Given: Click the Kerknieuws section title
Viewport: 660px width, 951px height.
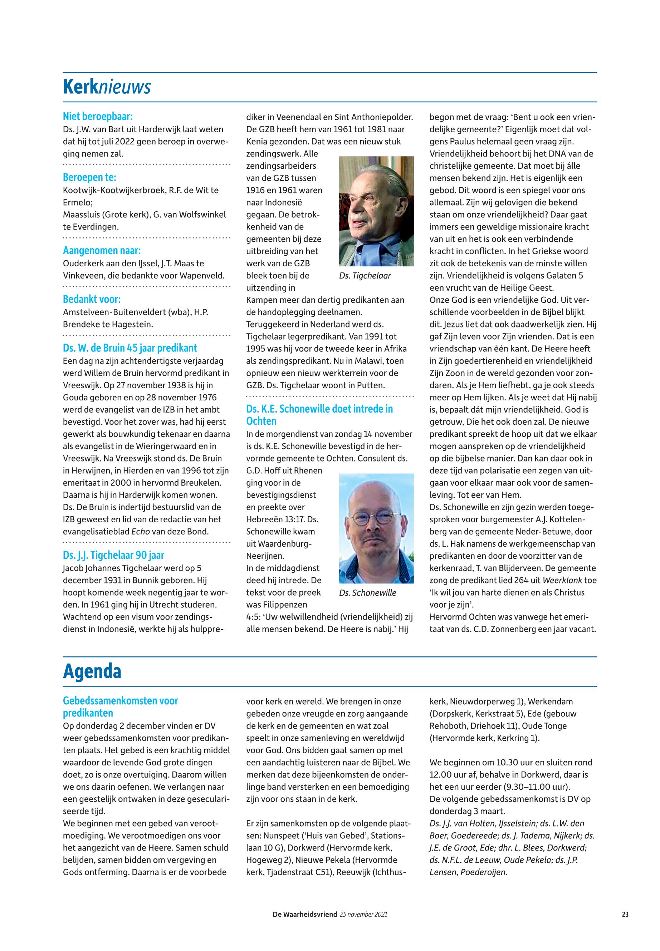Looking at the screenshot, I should (107, 87).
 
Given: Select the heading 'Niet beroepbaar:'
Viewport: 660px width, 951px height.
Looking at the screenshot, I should (98, 116).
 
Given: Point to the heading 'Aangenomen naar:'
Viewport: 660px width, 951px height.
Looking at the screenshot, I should (102, 251).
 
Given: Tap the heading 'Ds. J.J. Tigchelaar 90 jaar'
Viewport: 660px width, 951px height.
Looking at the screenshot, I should (114, 555).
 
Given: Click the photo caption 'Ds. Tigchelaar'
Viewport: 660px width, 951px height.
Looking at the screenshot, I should (365, 276).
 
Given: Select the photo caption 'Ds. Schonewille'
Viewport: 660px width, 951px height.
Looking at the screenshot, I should (368, 593).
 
